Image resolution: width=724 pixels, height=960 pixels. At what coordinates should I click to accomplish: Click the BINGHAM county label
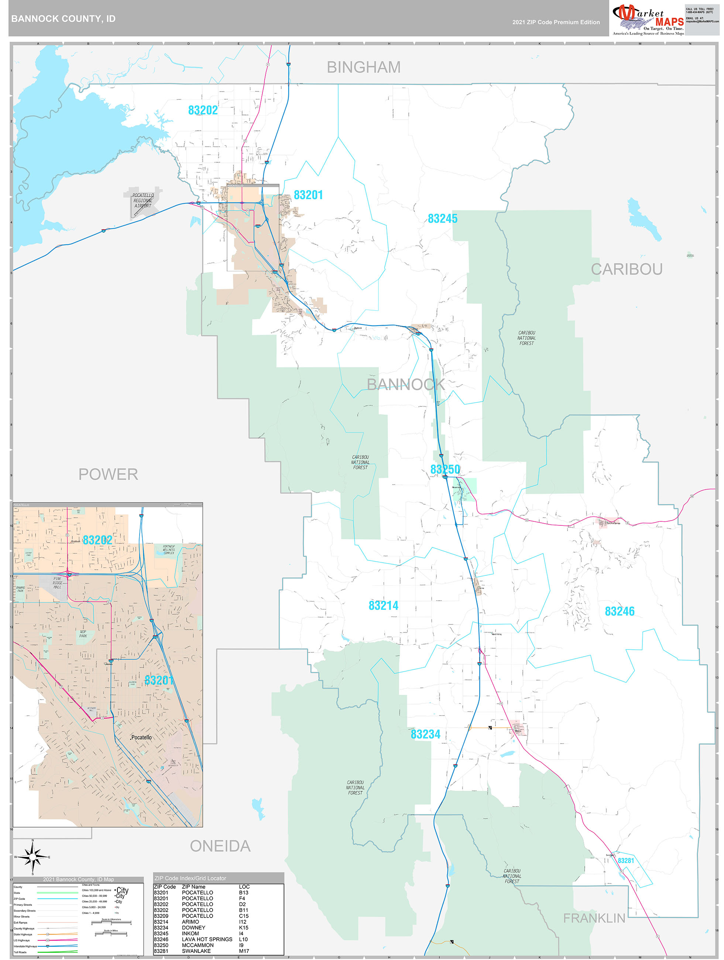(363, 67)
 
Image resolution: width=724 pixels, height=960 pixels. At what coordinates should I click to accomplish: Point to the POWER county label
(108, 474)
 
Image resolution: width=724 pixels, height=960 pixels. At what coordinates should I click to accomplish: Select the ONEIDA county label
(220, 846)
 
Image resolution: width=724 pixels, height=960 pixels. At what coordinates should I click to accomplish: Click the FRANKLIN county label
(594, 918)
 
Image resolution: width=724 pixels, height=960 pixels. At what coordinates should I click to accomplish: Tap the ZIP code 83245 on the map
(442, 219)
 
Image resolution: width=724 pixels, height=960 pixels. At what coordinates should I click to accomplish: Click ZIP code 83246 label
(620, 611)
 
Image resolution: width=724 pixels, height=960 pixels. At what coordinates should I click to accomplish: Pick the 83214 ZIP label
(383, 606)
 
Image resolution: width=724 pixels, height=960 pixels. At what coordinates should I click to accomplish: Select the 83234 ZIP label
(425, 734)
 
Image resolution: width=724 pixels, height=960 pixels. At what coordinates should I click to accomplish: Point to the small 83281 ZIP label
(625, 861)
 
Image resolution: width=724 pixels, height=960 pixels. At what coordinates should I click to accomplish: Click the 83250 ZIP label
(445, 470)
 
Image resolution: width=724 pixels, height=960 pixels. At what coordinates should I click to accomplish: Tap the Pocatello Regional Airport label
(143, 200)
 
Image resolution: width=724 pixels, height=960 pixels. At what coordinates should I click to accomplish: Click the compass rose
(32, 857)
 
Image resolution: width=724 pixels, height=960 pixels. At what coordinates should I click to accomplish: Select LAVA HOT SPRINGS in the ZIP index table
(207, 939)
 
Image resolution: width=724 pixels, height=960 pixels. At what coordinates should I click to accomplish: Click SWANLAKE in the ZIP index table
(196, 951)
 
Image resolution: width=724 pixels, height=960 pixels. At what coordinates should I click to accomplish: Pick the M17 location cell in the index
(244, 951)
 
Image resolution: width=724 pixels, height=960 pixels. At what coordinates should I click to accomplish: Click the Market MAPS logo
(648, 20)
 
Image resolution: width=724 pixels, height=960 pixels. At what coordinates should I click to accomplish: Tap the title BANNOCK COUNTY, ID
(64, 19)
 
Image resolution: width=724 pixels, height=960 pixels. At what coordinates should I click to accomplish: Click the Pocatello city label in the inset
(141, 737)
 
